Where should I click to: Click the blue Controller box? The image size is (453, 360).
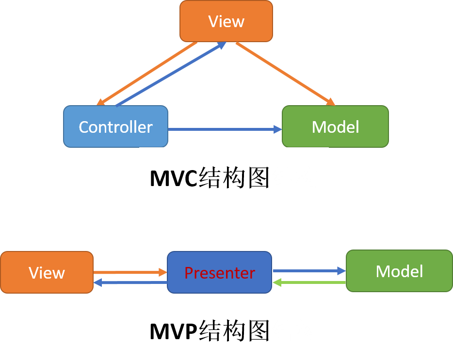(x=115, y=126)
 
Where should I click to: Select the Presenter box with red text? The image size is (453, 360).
(x=219, y=272)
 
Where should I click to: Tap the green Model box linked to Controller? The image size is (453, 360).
(x=335, y=126)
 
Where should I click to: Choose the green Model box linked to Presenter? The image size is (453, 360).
(x=399, y=271)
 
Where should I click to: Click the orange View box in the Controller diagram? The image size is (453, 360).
(x=226, y=21)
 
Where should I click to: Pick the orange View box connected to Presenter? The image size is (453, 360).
(x=47, y=272)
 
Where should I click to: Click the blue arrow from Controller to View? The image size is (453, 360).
(x=170, y=74)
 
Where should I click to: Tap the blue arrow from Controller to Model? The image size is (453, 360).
(x=223, y=129)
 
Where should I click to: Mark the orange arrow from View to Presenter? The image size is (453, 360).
(x=129, y=273)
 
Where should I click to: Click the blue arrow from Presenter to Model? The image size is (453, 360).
(x=308, y=271)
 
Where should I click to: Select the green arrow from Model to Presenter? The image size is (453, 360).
(x=310, y=282)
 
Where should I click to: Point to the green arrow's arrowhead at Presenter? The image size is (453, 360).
(x=277, y=282)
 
